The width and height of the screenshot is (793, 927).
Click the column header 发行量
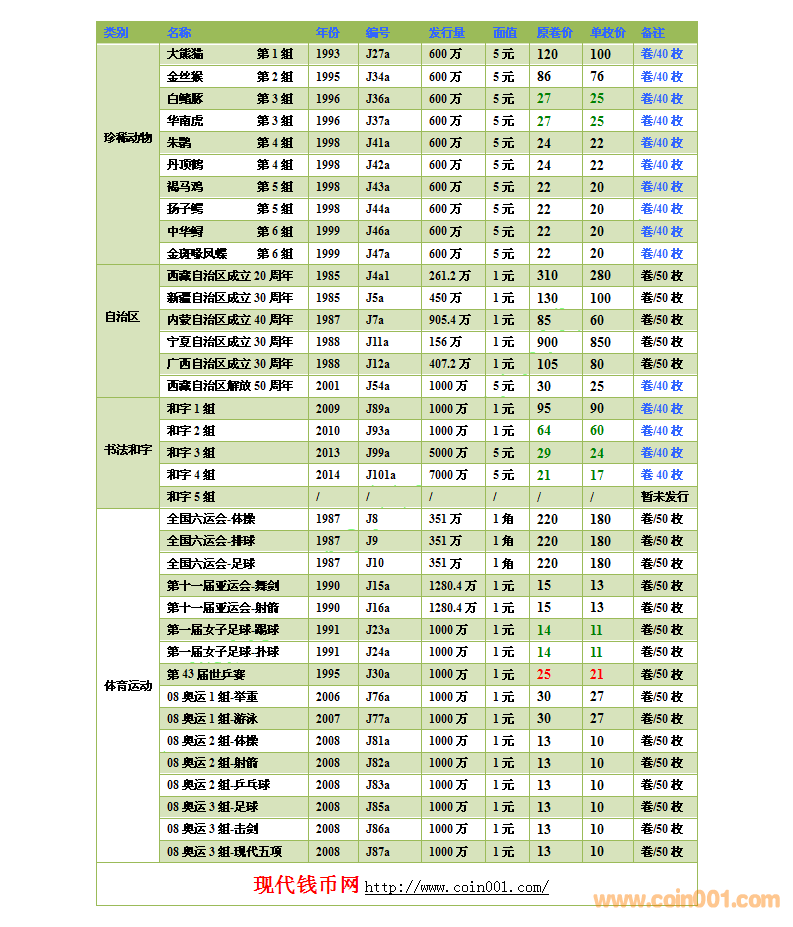(446, 33)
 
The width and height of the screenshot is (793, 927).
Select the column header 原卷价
(554, 33)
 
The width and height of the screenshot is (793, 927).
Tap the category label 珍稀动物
(128, 138)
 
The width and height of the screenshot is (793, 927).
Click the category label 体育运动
(128, 686)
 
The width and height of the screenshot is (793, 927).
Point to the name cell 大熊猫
(185, 54)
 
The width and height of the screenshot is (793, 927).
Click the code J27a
(378, 54)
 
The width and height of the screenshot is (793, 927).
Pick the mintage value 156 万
(445, 342)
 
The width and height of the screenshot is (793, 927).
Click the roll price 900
(547, 342)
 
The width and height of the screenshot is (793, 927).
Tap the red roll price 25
(544, 675)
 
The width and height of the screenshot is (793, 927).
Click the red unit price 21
(597, 675)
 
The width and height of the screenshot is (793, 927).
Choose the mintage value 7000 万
(448, 475)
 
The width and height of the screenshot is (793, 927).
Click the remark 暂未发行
(664, 497)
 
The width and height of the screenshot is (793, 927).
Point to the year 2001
(327, 386)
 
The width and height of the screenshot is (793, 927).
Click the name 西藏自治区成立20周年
(230, 276)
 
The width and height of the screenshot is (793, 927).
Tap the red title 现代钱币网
(306, 885)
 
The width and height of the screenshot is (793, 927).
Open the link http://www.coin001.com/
(456, 888)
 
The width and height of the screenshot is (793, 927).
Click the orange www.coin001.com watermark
(686, 900)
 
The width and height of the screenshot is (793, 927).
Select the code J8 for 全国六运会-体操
(372, 519)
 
